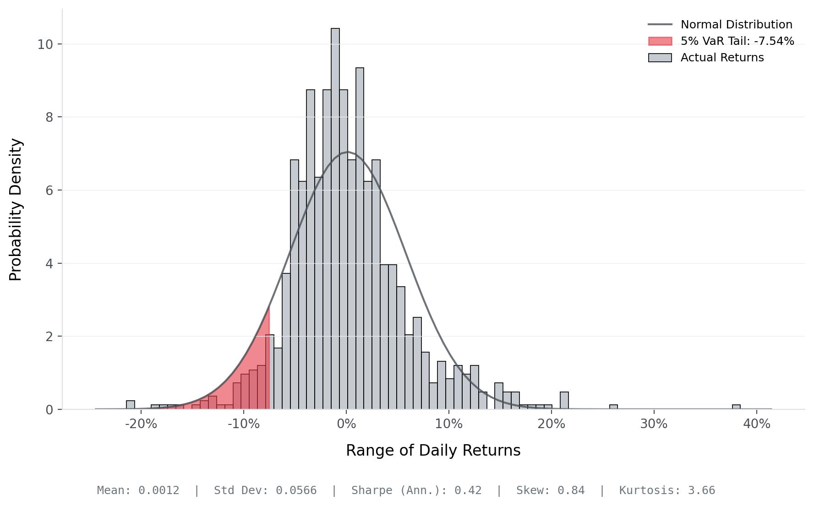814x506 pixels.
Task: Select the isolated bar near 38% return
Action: tap(736, 407)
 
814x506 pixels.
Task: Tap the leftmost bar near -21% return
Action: tap(131, 405)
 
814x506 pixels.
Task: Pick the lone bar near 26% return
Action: tap(613, 407)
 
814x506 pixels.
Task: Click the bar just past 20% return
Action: tap(564, 401)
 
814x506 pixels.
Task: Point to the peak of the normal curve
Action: tap(347, 152)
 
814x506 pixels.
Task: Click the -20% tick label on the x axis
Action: tap(141, 424)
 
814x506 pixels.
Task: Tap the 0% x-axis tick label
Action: tap(346, 424)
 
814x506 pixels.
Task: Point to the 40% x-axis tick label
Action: tap(757, 424)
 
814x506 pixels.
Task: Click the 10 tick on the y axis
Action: tap(45, 44)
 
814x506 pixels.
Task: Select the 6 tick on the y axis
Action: tap(49, 190)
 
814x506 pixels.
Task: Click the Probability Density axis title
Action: tap(16, 209)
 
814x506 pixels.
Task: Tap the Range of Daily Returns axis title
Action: tap(433, 451)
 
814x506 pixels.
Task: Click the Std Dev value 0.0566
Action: tap(296, 490)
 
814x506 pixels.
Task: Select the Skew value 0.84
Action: tap(571, 490)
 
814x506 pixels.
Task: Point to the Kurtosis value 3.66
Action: tap(701, 490)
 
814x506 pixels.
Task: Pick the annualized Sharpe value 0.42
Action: tap(468, 490)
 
